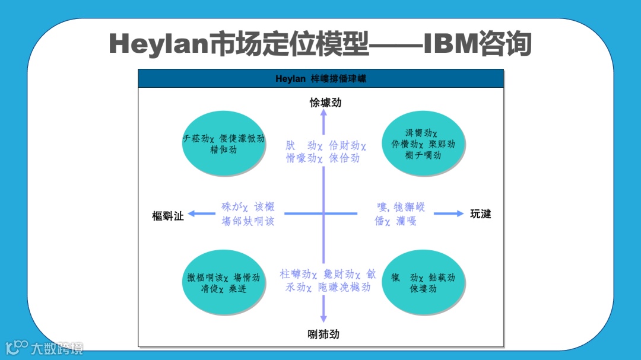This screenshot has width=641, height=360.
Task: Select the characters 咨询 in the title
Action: click(x=506, y=44)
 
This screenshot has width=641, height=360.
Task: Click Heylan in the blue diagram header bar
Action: click(x=290, y=79)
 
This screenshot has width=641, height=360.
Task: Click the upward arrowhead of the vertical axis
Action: click(x=323, y=114)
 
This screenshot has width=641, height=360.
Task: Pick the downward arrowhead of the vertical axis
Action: click(x=323, y=318)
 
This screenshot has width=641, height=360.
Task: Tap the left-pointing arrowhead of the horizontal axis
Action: click(x=192, y=214)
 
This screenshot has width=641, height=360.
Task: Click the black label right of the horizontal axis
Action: click(x=481, y=214)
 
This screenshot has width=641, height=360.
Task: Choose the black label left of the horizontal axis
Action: click(x=168, y=216)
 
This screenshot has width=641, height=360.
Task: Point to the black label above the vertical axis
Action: click(x=326, y=103)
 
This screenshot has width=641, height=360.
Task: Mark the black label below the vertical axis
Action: click(x=323, y=334)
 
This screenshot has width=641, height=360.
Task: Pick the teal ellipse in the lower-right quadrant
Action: click(x=423, y=283)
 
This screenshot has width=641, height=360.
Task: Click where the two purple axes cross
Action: click(x=323, y=214)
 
